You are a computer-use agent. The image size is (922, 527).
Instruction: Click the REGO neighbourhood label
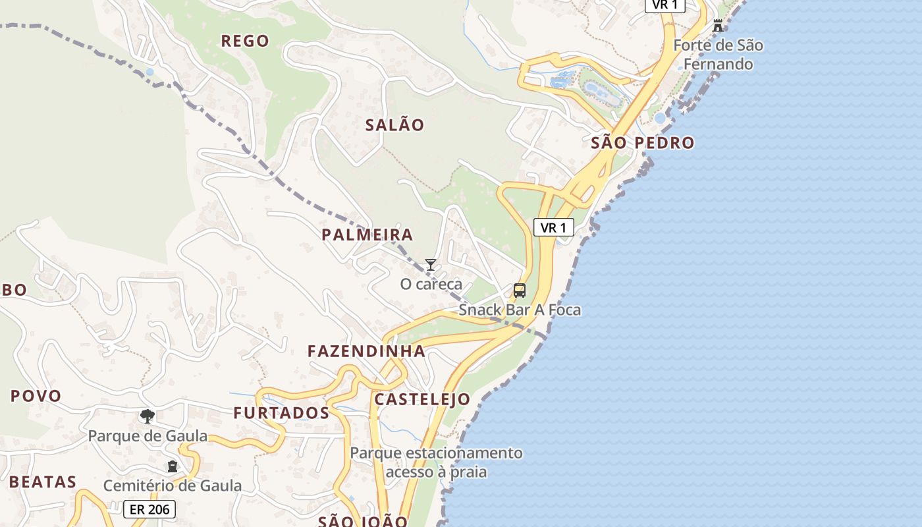[245, 41]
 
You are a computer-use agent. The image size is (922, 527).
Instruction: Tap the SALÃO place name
[394, 125]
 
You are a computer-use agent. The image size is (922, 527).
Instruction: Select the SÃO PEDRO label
[643, 142]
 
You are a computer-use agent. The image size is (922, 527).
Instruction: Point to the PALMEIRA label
[367, 235]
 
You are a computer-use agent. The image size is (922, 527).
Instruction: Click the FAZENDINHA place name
[367, 351]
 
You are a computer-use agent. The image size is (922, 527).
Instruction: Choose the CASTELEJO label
[422, 399]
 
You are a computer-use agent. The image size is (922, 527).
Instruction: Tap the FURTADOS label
[281, 413]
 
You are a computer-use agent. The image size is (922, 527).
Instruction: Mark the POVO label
[36, 396]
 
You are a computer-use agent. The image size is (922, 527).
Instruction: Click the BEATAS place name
[43, 482]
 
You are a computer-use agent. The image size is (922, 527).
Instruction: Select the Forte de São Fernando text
[718, 55]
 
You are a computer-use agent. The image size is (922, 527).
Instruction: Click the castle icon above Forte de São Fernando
[718, 26]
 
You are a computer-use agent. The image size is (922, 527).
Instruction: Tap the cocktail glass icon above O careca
[431, 265]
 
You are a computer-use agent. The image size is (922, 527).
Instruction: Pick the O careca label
[431, 285]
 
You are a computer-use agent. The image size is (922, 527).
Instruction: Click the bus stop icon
[520, 291]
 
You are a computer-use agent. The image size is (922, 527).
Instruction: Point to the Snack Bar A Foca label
[520, 310]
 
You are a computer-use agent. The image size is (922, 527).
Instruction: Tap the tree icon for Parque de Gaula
[148, 416]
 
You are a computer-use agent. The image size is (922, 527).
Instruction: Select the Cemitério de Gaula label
[173, 486]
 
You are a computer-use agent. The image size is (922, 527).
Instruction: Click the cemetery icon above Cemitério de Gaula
[173, 466]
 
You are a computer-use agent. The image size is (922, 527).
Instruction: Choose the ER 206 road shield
[149, 509]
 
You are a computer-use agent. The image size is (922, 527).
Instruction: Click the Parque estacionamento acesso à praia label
[436, 462]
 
